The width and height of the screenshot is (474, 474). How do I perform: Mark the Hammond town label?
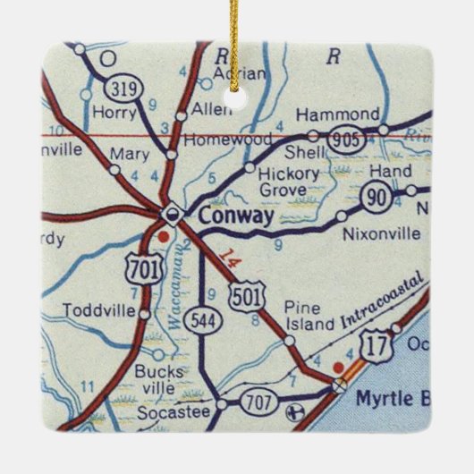coord(337,114)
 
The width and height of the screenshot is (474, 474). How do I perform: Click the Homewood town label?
coord(216,140)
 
